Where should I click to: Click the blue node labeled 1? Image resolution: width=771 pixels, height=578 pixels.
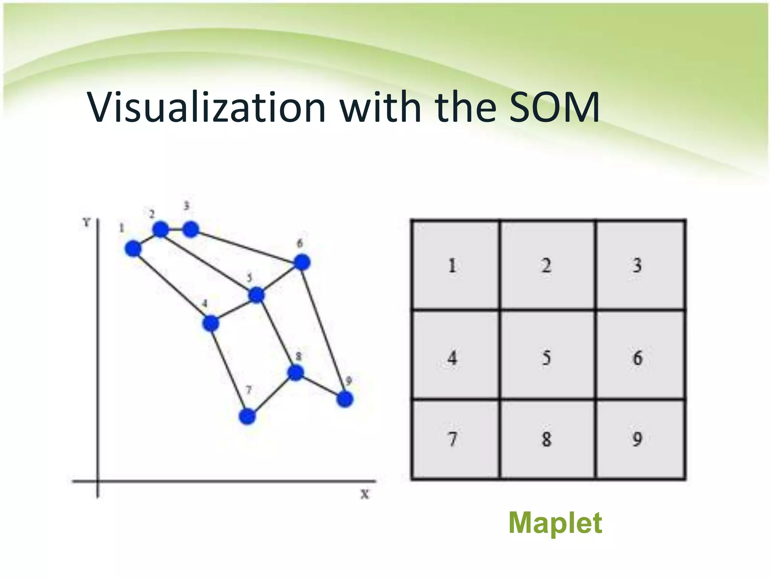[x=133, y=249]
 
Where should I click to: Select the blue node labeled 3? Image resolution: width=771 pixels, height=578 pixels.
[x=190, y=229]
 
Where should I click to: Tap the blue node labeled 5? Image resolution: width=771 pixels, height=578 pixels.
[x=257, y=295]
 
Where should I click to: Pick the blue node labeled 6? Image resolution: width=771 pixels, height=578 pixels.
[x=302, y=262]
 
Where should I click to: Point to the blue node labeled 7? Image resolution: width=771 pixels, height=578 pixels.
[x=247, y=416]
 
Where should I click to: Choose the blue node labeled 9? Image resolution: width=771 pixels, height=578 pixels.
[x=345, y=399]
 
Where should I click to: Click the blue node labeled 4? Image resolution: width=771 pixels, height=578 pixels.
[x=211, y=323]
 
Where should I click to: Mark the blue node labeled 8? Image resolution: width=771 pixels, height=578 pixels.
[x=296, y=373]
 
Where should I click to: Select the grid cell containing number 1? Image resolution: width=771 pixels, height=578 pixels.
[x=456, y=265]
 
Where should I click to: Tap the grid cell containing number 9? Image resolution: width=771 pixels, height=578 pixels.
[x=640, y=440]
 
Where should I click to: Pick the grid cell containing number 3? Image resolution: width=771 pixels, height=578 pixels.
[x=640, y=265]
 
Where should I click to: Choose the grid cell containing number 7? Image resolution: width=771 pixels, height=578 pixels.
[x=456, y=440]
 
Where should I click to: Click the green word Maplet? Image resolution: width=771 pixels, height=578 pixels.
[x=555, y=523]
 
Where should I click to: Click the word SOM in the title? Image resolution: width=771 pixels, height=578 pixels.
[x=554, y=108]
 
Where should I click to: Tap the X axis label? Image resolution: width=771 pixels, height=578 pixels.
[x=364, y=494]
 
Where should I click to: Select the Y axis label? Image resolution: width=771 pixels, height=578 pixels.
[x=87, y=222]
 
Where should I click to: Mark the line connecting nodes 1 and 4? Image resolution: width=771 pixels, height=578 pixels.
[x=172, y=286]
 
